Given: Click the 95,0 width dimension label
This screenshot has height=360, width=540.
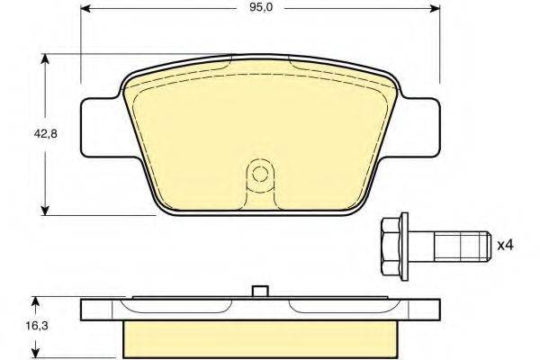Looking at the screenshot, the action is pyautogui.click(x=261, y=7).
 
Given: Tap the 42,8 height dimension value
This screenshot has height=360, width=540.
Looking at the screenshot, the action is pyautogui.click(x=45, y=134).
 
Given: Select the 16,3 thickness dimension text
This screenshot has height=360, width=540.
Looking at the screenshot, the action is pyautogui.click(x=37, y=326).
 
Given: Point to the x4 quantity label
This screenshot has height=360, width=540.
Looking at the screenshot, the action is pyautogui.click(x=506, y=246).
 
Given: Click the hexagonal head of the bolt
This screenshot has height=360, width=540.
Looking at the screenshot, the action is pyautogui.click(x=391, y=246).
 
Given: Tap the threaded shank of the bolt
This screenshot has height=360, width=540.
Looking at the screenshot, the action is pyautogui.click(x=463, y=246).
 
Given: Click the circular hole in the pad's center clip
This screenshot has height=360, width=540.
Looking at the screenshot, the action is pyautogui.click(x=260, y=174).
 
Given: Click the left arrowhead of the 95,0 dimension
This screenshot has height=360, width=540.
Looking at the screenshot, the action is pyautogui.click(x=85, y=8).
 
